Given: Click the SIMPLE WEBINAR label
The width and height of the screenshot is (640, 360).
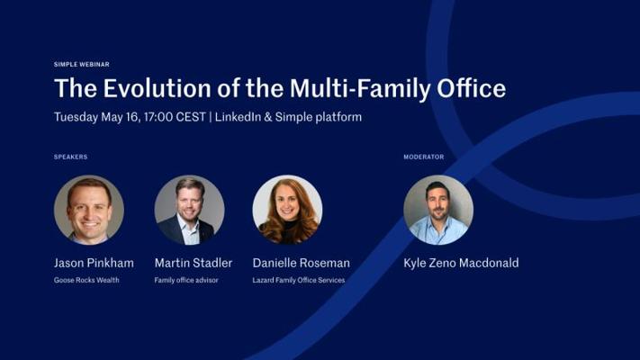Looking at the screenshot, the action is click(82, 65).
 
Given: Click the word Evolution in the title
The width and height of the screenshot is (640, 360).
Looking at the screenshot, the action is click(158, 88).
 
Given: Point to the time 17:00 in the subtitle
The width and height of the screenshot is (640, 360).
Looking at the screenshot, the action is click(158, 117).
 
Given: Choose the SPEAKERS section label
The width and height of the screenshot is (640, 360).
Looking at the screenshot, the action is click(70, 157).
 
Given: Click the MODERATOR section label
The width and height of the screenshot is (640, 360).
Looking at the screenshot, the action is click(424, 157).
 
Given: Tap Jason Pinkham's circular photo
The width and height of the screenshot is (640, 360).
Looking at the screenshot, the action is click(89, 210).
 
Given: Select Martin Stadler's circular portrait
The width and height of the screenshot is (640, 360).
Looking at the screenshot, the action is click(189, 210).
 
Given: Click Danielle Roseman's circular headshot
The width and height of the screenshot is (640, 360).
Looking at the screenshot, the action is click(288, 210).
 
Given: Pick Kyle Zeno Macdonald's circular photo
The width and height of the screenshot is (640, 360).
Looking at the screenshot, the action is click(438, 210).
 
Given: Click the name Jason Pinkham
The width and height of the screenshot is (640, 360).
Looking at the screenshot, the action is click(94, 263).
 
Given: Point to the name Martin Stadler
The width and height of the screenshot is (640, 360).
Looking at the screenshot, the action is click(194, 263).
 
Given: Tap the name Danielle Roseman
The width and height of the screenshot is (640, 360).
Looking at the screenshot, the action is click(302, 263).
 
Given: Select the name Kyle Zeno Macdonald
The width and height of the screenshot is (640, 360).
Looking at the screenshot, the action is click(461, 263).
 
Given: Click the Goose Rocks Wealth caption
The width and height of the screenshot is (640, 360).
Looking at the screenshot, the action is click(86, 280).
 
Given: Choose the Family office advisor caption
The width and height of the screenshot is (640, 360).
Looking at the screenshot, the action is click(186, 280).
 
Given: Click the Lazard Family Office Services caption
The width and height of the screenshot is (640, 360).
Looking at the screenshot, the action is click(299, 280).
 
